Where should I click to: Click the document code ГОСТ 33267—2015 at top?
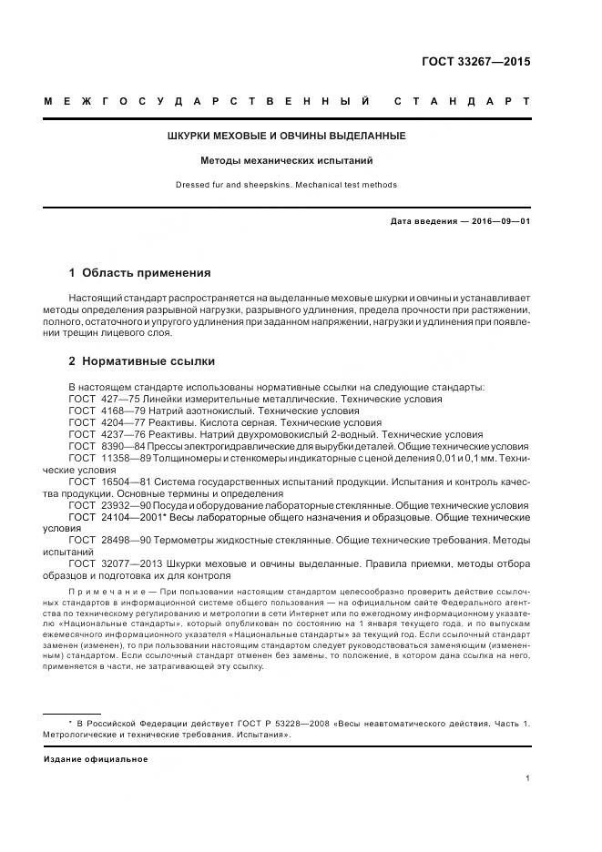click(x=475, y=62)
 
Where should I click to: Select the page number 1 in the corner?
click(x=528, y=777)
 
